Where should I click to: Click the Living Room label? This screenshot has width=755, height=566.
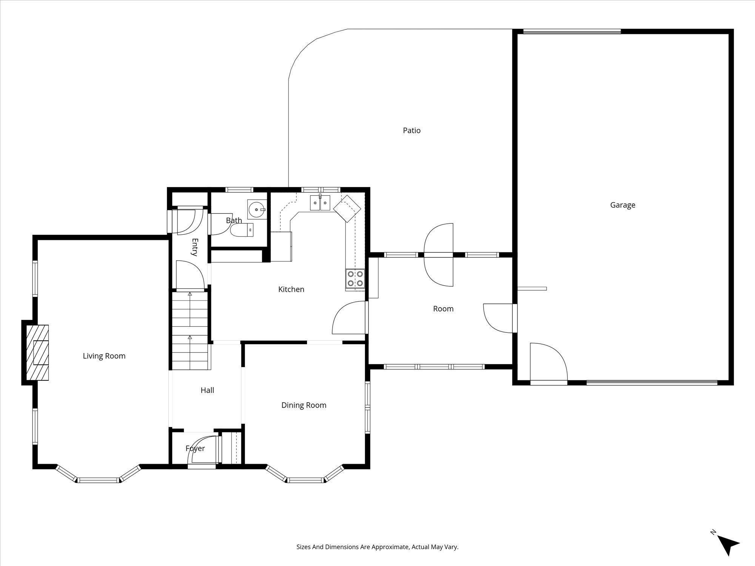click(x=104, y=356)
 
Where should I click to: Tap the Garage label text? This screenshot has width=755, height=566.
click(x=623, y=205)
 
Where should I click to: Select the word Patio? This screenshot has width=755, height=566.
click(x=411, y=131)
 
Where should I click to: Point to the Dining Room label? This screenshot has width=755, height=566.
click(x=304, y=405)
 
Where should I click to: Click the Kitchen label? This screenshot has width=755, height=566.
click(x=291, y=289)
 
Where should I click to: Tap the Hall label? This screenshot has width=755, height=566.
click(x=207, y=390)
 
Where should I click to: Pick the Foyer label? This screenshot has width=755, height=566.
click(x=195, y=449)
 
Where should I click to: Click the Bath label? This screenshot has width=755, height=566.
click(x=234, y=220)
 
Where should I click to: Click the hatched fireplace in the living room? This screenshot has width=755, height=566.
click(x=37, y=352)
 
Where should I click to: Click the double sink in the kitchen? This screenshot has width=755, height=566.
click(x=320, y=203)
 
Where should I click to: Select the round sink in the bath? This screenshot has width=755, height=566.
click(x=257, y=209)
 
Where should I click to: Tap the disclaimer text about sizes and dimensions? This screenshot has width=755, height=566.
click(x=377, y=547)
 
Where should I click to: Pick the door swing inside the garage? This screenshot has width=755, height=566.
click(x=549, y=362)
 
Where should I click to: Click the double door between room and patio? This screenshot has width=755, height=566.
click(x=439, y=255)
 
